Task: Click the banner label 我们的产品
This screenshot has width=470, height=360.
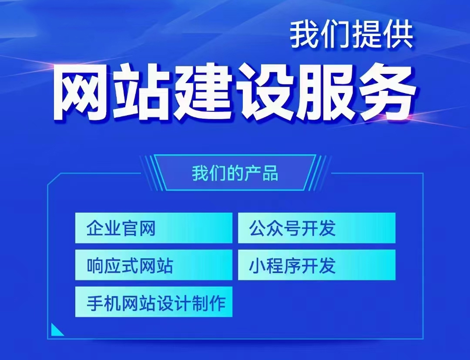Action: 235,173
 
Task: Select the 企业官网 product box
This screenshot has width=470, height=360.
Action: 154,228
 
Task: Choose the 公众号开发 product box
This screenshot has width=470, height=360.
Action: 316,228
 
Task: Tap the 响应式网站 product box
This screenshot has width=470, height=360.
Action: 154,265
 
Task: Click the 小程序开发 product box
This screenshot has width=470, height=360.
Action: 316,265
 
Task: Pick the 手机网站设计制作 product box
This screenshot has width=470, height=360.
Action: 154,302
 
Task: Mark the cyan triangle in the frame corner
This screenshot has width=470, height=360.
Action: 56,331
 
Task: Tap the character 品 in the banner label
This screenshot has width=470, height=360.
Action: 270,173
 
